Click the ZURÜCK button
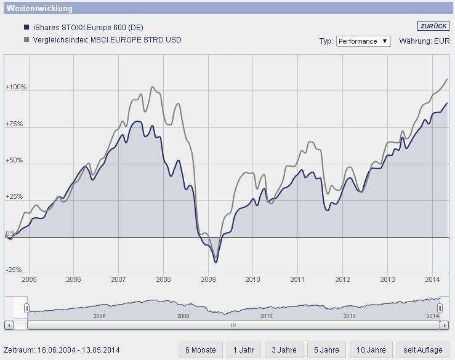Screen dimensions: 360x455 (x=433, y=26)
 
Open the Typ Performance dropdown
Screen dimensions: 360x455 (x=363, y=41)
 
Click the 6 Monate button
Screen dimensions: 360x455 (x=201, y=350)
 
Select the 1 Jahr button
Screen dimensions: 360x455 (x=244, y=350)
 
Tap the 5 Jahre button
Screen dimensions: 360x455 (x=326, y=350)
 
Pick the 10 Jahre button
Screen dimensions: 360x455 (x=371, y=350)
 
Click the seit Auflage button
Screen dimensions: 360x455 (x=422, y=350)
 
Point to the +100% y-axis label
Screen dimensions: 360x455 (x=16, y=87)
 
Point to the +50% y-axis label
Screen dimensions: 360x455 (x=14, y=161)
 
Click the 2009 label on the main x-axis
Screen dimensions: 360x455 (x=208, y=279)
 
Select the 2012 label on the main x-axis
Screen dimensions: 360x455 (x=342, y=279)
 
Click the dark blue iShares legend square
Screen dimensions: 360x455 (x=26, y=28)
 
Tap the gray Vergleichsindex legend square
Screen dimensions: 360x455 (x=26, y=40)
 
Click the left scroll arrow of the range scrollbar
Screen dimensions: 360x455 (x=8, y=325)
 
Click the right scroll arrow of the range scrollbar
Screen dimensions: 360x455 (x=445, y=325)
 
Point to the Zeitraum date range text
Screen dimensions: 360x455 (x=62, y=350)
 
